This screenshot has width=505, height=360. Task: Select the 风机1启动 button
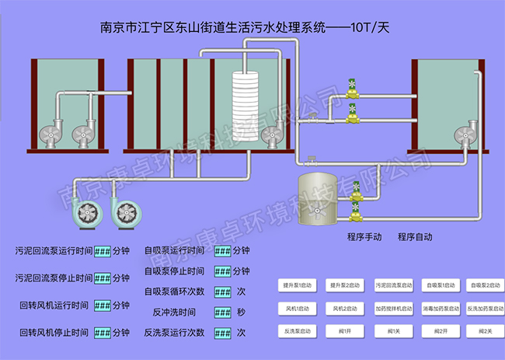(x=298, y=309)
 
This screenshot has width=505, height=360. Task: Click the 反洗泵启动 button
(x=298, y=331)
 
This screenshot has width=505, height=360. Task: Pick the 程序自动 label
(x=415, y=237)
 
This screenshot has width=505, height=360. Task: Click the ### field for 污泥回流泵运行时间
(x=103, y=252)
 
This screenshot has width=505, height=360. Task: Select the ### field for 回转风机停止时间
(x=103, y=333)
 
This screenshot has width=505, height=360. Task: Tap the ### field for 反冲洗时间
(x=223, y=312)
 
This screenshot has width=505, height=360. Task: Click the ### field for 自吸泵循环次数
(x=223, y=292)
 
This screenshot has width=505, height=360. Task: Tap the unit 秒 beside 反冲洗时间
(x=242, y=312)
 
